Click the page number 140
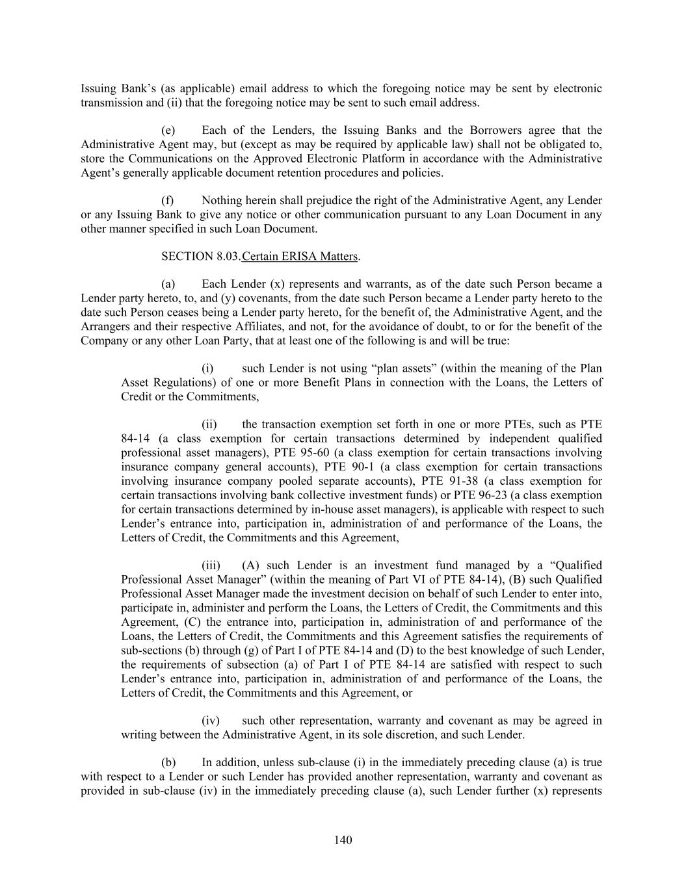pos(343,840)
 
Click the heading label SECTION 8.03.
pos(201,257)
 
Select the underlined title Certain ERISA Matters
pos(300,257)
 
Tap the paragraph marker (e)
pos(168,131)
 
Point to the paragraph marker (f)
pos(168,201)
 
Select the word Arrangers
pos(105,327)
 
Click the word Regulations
pos(174,383)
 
